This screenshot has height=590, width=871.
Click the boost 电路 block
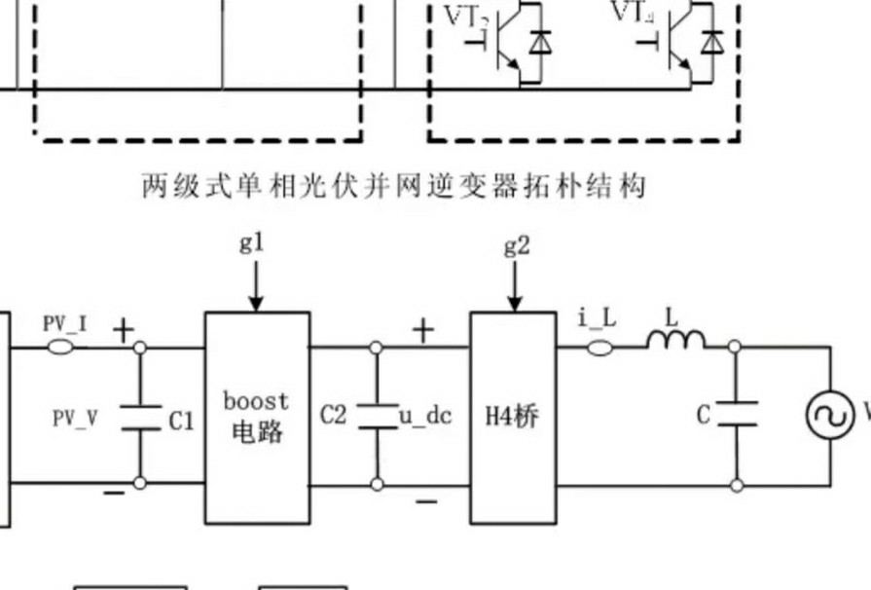pos(257,417)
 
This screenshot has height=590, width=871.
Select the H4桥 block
pos(513,417)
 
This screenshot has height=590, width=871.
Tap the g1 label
pos(253,243)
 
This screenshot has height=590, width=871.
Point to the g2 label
pos(517,246)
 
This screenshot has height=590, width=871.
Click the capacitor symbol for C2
pos(377,417)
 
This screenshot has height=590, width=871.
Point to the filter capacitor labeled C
pos(736,413)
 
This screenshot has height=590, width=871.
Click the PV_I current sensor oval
pos(62,346)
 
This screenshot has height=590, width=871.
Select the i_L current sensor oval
pos(598,346)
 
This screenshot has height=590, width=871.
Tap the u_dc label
pos(425,416)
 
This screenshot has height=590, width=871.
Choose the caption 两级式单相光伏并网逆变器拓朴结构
pos(394,186)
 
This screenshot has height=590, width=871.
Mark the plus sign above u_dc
pos(423,330)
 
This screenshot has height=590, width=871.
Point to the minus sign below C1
pos(114,494)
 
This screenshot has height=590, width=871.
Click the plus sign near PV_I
pos(123,330)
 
